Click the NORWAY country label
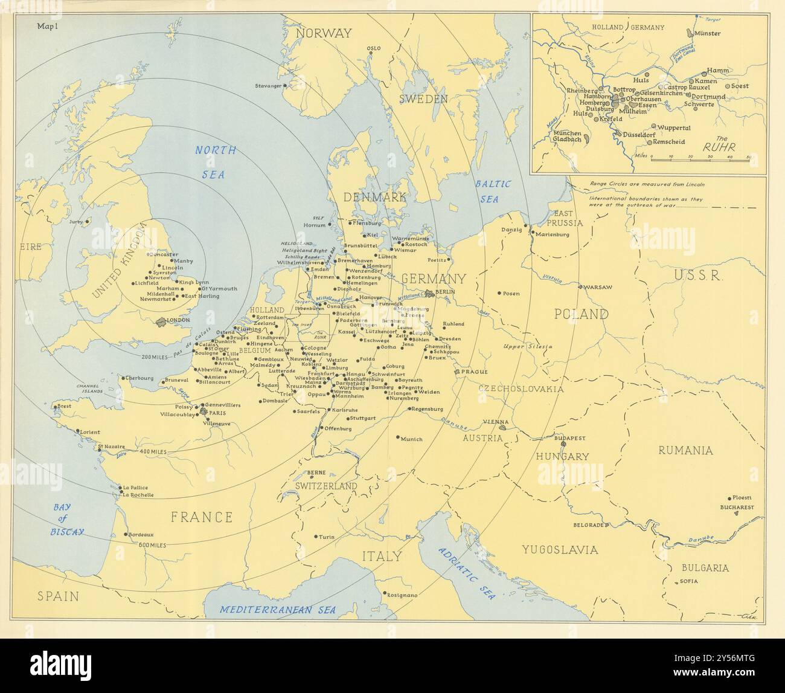pyautogui.click(x=323, y=33)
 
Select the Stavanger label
pyautogui.click(x=268, y=86)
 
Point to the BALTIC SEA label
pyautogui.click(x=492, y=191)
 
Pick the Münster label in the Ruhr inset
pyautogui.click(x=707, y=33)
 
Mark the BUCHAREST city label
pyautogui.click(x=737, y=508)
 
